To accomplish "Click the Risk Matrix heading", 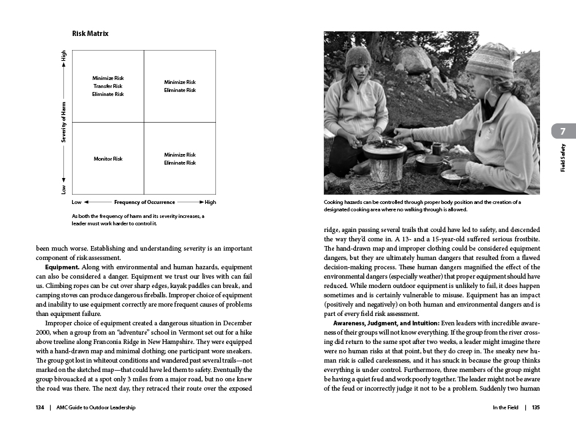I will click(x=90, y=33).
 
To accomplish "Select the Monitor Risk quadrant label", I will click(x=108, y=159).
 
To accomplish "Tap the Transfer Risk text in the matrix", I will click(x=108, y=86).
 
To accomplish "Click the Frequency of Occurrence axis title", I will click(x=145, y=202).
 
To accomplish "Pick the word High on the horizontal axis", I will click(x=211, y=202).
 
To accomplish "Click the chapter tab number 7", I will click(x=563, y=131).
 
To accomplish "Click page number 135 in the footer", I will click(x=536, y=408).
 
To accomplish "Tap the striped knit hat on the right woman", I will click(x=488, y=61).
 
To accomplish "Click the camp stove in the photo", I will click(x=385, y=160).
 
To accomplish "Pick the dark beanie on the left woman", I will click(x=358, y=57).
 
